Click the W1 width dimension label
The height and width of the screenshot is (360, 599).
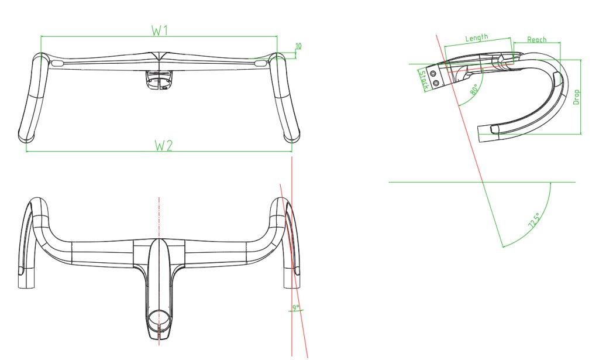pos(160,30)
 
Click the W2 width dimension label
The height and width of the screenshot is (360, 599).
pos(164,146)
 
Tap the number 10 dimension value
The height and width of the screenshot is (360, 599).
pos(298,46)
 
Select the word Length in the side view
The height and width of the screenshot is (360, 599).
pos(477,37)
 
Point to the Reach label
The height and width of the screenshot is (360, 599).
pos(537,39)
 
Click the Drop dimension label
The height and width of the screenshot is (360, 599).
pos(576,97)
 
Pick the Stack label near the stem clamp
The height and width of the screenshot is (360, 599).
pos(424,80)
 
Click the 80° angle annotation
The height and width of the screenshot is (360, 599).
pos(475,90)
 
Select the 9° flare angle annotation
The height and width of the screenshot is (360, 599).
pos(296,307)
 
